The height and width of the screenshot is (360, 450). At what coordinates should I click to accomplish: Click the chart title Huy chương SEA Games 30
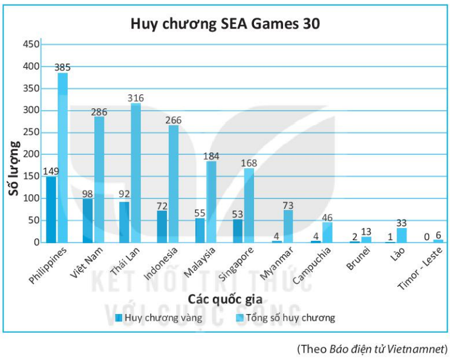pyautogui.click(x=226, y=24)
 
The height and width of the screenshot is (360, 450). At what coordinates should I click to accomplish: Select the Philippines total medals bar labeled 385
pyautogui.click(x=62, y=157)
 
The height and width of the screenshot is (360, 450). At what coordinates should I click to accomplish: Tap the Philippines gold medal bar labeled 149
pyautogui.click(x=51, y=209)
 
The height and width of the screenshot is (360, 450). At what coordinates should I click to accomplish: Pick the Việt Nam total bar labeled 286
pyautogui.click(x=99, y=179)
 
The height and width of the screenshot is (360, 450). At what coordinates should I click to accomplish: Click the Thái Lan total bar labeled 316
pyautogui.click(x=135, y=172)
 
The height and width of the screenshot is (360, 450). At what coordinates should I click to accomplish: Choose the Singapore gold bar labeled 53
pyautogui.click(x=237, y=231)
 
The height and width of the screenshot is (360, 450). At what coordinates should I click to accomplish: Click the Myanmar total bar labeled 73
pyautogui.click(x=288, y=226)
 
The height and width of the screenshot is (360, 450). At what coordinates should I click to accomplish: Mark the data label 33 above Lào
pyautogui.click(x=401, y=222)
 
